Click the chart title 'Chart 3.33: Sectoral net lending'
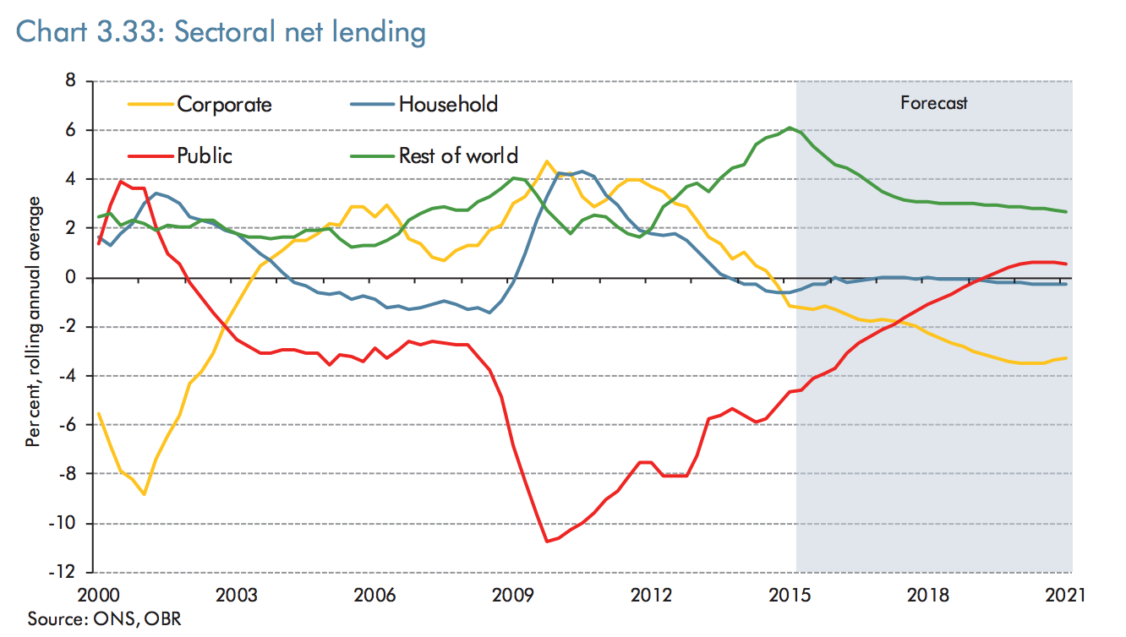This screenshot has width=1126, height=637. point(221,32)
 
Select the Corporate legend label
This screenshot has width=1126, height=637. point(224,105)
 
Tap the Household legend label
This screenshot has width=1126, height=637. point(448,104)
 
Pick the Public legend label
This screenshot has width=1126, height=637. point(204,155)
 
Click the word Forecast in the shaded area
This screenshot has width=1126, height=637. point(933,104)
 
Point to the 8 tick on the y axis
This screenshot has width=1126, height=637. point(71,81)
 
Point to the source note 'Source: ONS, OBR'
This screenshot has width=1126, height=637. point(104,619)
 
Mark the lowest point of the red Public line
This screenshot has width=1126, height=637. point(547,542)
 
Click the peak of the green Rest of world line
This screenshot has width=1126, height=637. point(790,128)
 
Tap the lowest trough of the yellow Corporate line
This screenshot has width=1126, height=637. point(145,494)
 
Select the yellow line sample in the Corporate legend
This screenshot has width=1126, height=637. point(150,105)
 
